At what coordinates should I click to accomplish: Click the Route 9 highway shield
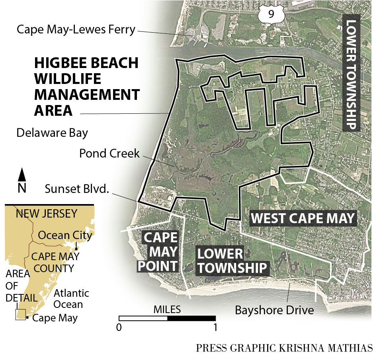click(270, 14)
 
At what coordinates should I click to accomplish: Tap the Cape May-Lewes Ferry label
click(76, 30)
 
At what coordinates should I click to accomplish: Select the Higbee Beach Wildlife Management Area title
click(87, 87)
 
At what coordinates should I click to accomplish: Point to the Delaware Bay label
click(52, 133)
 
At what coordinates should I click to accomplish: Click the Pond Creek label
click(109, 153)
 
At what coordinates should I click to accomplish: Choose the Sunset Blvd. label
click(76, 189)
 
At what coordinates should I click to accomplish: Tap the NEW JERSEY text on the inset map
click(46, 214)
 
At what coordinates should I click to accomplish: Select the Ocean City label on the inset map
click(65, 235)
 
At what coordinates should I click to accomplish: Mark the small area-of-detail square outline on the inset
click(20, 314)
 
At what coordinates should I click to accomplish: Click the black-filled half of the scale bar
click(191, 318)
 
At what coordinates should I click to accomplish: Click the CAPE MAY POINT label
click(159, 252)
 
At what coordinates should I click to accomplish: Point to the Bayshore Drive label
click(274, 309)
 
